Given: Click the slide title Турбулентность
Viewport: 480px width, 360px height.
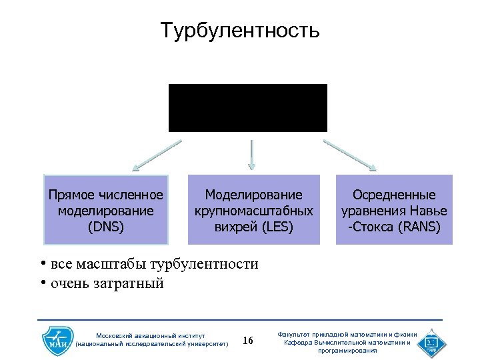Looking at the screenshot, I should point(240,31).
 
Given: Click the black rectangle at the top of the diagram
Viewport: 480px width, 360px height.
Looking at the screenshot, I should point(247,107).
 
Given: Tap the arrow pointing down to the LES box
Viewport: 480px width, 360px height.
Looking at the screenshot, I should point(251,154).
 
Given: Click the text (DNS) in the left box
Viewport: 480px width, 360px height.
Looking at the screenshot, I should point(105,227).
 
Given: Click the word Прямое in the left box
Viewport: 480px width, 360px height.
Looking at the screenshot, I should point(72,195).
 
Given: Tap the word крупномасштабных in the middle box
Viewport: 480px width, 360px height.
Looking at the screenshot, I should point(253,211).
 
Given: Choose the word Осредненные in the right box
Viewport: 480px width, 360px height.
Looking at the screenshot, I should point(394,195).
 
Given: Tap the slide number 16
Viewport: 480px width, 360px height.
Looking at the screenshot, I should point(248,341).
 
